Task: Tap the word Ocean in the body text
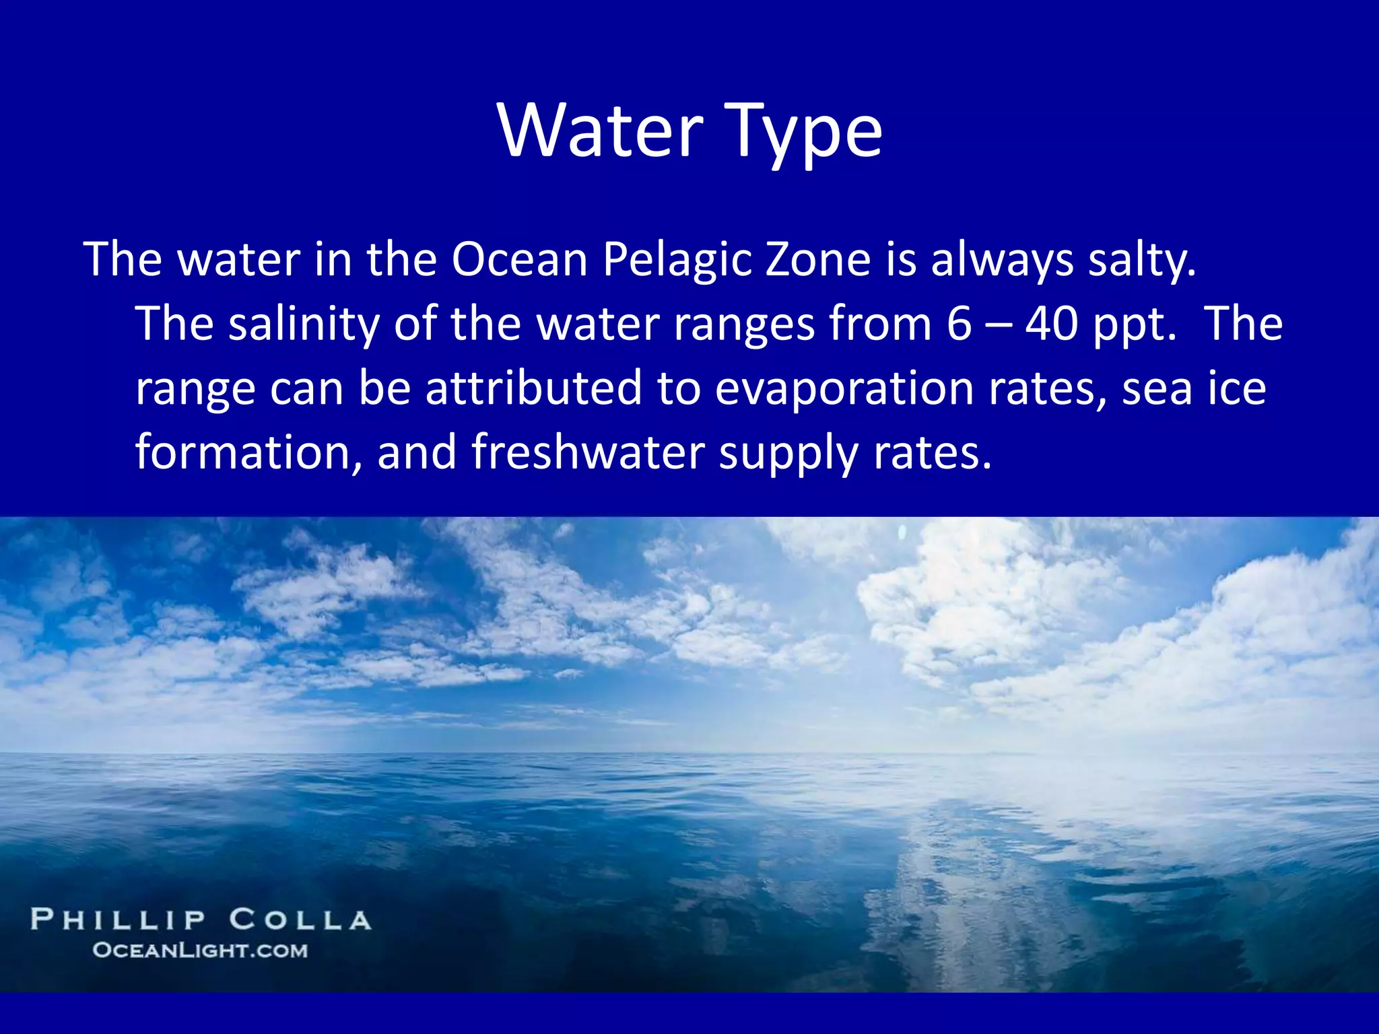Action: tap(520, 260)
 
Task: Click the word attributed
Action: tap(534, 388)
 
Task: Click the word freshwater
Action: tap(588, 452)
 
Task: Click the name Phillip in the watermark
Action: tap(118, 920)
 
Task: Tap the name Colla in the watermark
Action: tap(300, 920)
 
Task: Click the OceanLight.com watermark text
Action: tap(200, 951)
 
